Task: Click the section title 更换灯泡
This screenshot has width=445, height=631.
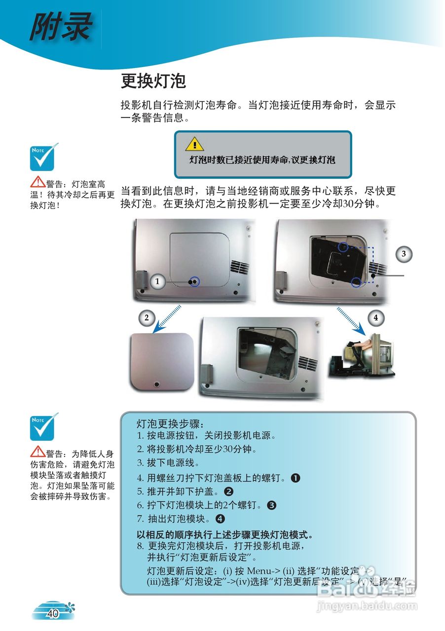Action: (x=153, y=81)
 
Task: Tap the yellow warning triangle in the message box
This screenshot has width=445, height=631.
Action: (x=194, y=144)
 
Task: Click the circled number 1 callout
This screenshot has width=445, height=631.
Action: (x=157, y=281)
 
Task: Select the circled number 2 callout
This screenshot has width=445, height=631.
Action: (x=147, y=318)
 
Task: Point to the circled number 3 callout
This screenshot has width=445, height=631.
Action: (x=404, y=254)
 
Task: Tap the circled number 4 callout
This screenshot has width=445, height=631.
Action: (x=376, y=318)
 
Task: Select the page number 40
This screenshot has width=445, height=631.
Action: (x=53, y=613)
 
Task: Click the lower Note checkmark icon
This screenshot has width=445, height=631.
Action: (x=44, y=427)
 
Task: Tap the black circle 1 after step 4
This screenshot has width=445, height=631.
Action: (x=296, y=478)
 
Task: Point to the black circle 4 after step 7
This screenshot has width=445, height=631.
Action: (x=220, y=519)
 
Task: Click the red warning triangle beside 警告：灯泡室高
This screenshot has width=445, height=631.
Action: (x=37, y=183)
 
